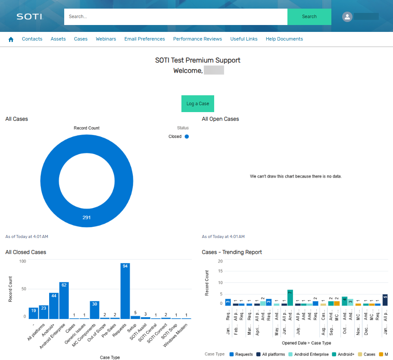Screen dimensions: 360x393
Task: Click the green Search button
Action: pos(309,17)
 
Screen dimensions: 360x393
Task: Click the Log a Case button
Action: pos(197,103)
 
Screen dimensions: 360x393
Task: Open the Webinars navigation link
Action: pos(106,39)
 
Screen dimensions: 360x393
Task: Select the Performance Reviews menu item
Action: pos(197,39)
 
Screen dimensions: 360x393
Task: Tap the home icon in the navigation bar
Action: pos(11,39)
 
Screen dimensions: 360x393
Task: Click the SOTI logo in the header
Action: pos(30,17)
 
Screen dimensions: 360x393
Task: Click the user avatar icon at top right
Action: pos(347,17)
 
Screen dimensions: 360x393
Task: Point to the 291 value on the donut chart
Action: pos(87,217)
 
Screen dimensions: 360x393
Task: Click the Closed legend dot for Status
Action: pos(187,137)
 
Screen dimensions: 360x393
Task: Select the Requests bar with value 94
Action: pos(125,291)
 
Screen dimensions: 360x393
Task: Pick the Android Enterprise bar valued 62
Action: pos(64,301)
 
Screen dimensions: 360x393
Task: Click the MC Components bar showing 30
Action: pos(94,310)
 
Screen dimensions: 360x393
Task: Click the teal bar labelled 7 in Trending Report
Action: pos(290,297)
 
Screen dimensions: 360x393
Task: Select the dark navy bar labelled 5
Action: pos(385,300)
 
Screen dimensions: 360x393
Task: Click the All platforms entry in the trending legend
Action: pos(271,354)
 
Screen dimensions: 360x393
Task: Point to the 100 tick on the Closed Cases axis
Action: pos(23,261)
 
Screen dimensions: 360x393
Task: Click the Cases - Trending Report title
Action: pos(232,252)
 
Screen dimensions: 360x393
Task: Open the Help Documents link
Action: pos(284,39)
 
